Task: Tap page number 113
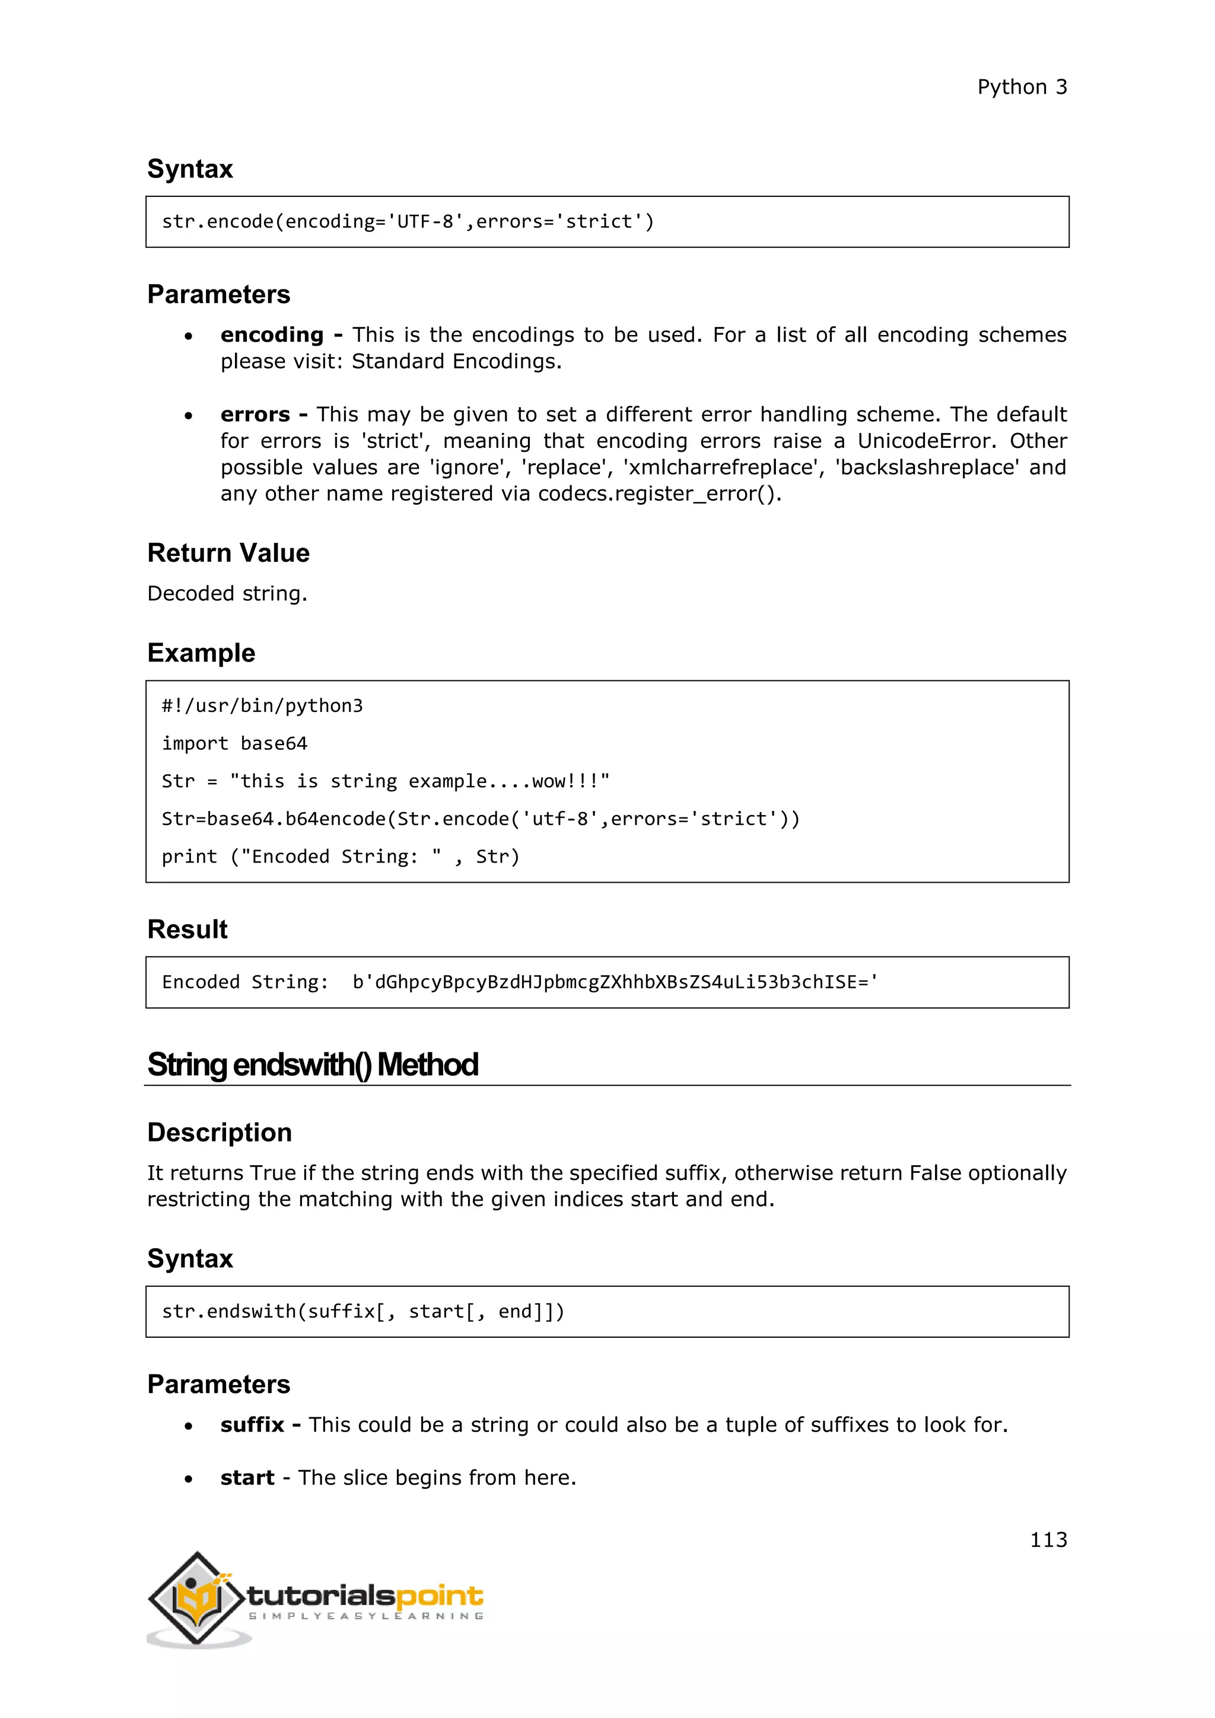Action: click(1048, 1539)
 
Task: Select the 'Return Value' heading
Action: click(228, 553)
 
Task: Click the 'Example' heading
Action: click(201, 653)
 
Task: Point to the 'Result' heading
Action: click(187, 930)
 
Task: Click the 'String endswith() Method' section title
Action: click(313, 1065)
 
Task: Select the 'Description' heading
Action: click(219, 1132)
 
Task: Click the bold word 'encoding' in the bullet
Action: click(272, 335)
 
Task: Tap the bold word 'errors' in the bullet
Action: click(255, 415)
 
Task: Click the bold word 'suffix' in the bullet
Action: click(252, 1425)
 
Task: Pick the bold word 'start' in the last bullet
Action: click(247, 1478)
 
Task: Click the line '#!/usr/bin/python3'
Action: click(262, 705)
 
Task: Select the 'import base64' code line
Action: click(234, 744)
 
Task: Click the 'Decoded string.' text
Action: click(227, 593)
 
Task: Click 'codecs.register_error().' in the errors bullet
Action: click(659, 494)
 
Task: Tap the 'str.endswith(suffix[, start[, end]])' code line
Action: click(363, 1312)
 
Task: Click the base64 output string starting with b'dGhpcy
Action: click(615, 982)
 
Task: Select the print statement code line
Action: click(341, 857)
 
